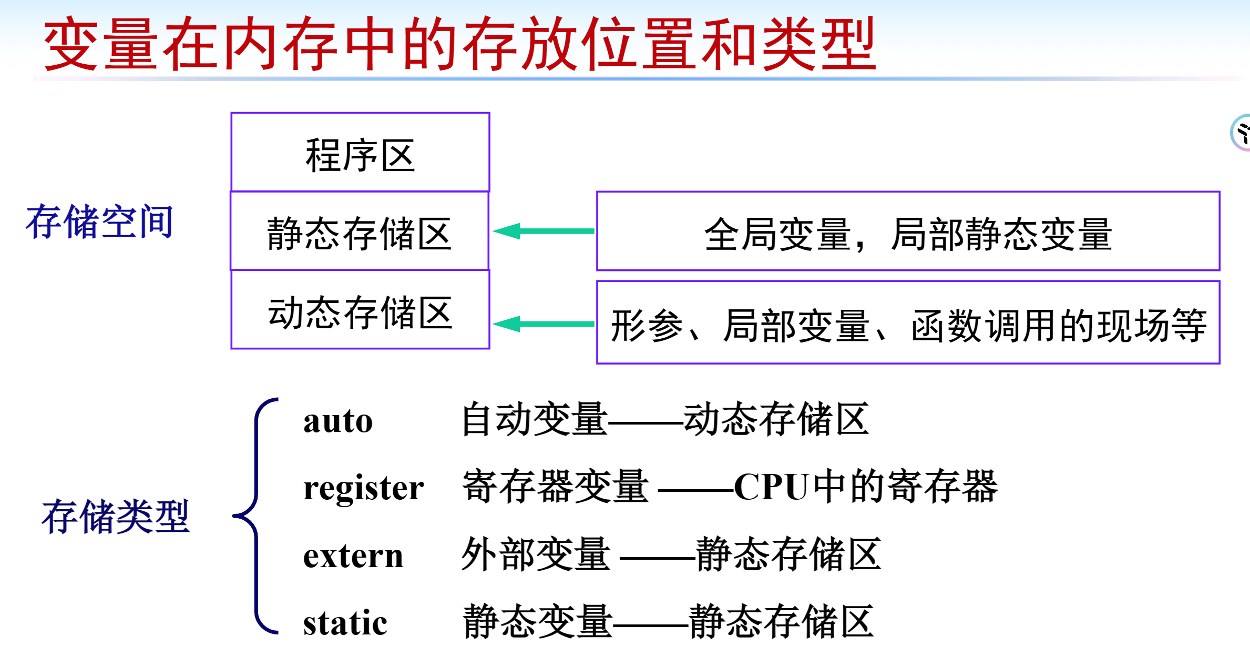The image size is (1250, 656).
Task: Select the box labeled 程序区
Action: click(360, 153)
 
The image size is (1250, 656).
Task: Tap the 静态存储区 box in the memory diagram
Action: click(360, 231)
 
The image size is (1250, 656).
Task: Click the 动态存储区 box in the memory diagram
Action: click(360, 310)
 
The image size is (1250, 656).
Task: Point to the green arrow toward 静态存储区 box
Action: click(544, 231)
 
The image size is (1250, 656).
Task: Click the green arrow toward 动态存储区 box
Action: click(544, 324)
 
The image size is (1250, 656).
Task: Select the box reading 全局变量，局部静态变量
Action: click(908, 231)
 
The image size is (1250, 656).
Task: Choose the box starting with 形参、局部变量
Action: click(908, 323)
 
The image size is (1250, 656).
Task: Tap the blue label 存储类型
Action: click(115, 517)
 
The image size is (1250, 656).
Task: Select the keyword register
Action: click(363, 488)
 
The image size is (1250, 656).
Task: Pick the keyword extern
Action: click(353, 556)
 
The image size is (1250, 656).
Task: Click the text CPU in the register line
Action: click(771, 487)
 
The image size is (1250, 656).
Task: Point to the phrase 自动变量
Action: click(534, 420)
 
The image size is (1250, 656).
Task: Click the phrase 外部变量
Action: click(536, 554)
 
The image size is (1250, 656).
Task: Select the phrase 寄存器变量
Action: click(555, 487)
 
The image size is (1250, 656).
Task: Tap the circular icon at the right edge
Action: click(1242, 133)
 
